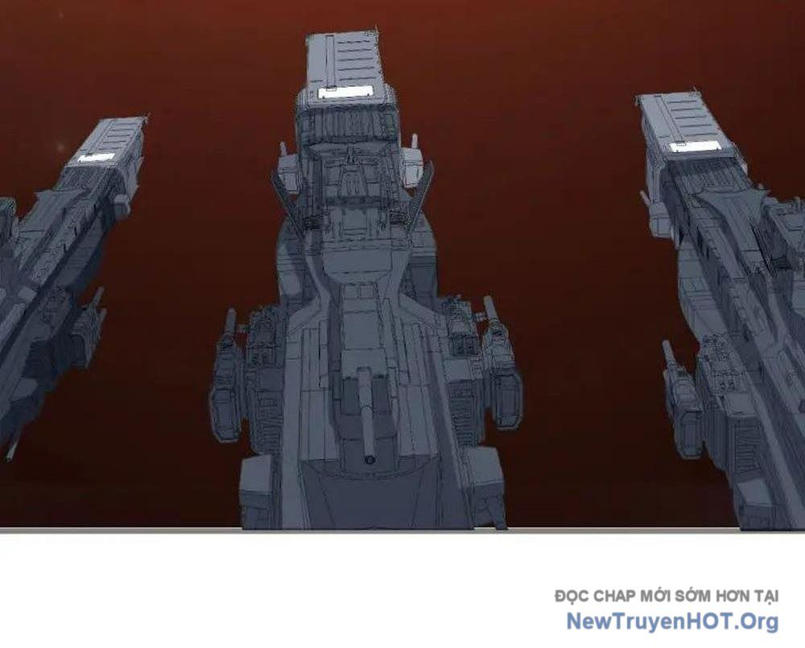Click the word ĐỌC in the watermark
(x=572, y=596)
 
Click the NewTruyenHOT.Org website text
(x=672, y=621)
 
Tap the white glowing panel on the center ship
(x=345, y=93)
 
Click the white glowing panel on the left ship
(x=96, y=157)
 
